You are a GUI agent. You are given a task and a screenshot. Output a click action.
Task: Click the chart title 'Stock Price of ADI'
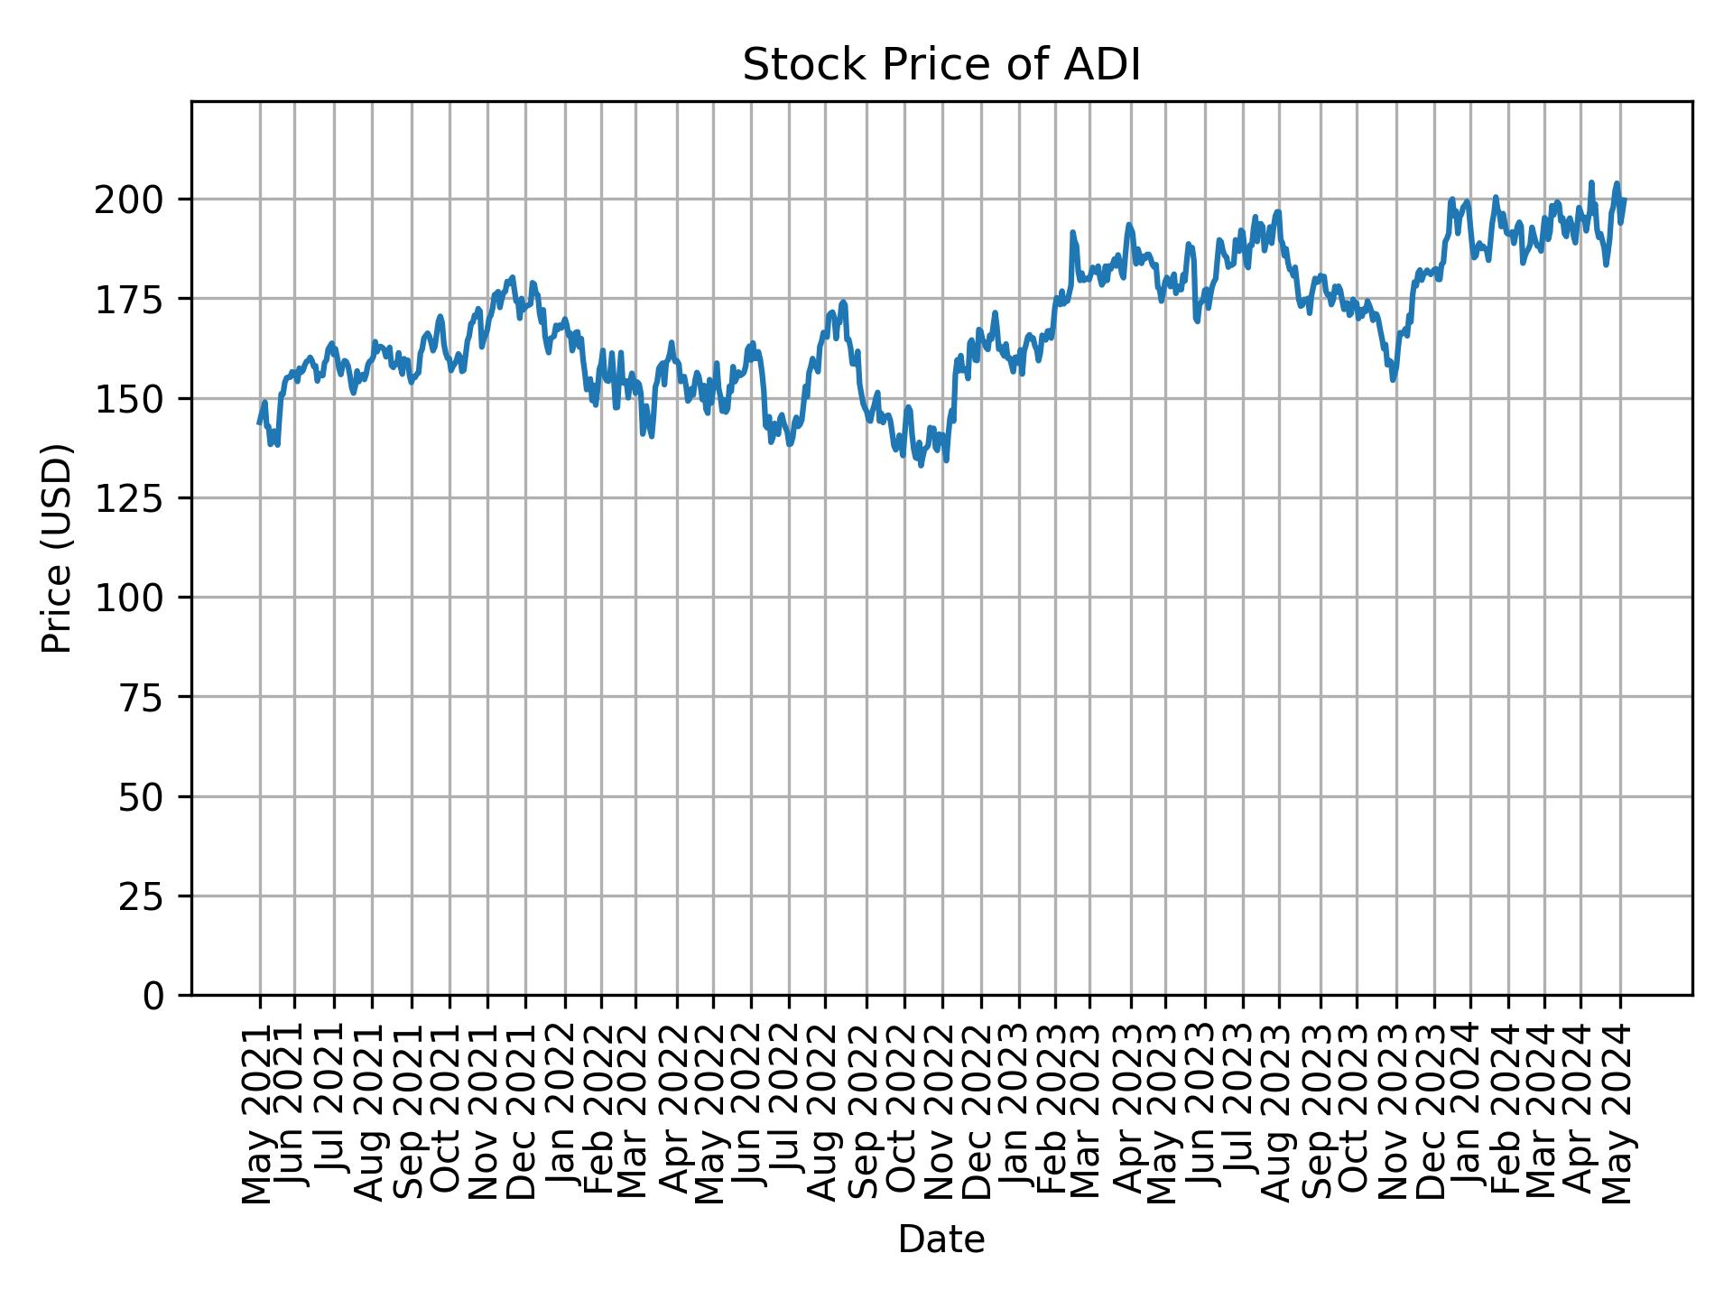[x=941, y=66]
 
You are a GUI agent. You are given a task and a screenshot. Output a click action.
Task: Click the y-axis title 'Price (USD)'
[x=56, y=548]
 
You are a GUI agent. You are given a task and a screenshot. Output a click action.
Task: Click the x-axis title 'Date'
[x=941, y=1240]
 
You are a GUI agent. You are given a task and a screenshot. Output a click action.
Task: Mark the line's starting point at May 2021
[x=259, y=422]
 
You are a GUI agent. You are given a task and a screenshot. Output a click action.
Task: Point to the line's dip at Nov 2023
[x=1394, y=380]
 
